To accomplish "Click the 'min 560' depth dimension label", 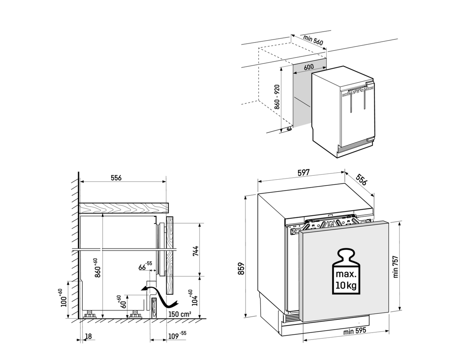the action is pyautogui.click(x=313, y=40).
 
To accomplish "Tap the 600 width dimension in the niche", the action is pyautogui.click(x=309, y=67).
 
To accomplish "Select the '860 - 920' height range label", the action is pyautogui.click(x=277, y=97).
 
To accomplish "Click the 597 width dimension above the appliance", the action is pyautogui.click(x=304, y=173).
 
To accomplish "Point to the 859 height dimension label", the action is pyautogui.click(x=241, y=268).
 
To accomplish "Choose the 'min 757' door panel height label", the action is pyautogui.click(x=396, y=267).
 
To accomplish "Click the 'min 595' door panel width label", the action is pyautogui.click(x=355, y=331).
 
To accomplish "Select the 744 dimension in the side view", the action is pyautogui.click(x=195, y=251).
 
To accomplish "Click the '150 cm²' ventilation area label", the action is pyautogui.click(x=179, y=314).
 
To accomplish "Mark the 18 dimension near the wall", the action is pyautogui.click(x=89, y=336).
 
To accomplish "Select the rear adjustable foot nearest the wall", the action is pyautogui.click(x=89, y=314).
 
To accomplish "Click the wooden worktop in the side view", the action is pyautogui.click(x=124, y=208).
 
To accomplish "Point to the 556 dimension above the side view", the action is pyautogui.click(x=116, y=178).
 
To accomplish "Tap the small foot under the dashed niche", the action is pyautogui.click(x=289, y=129).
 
